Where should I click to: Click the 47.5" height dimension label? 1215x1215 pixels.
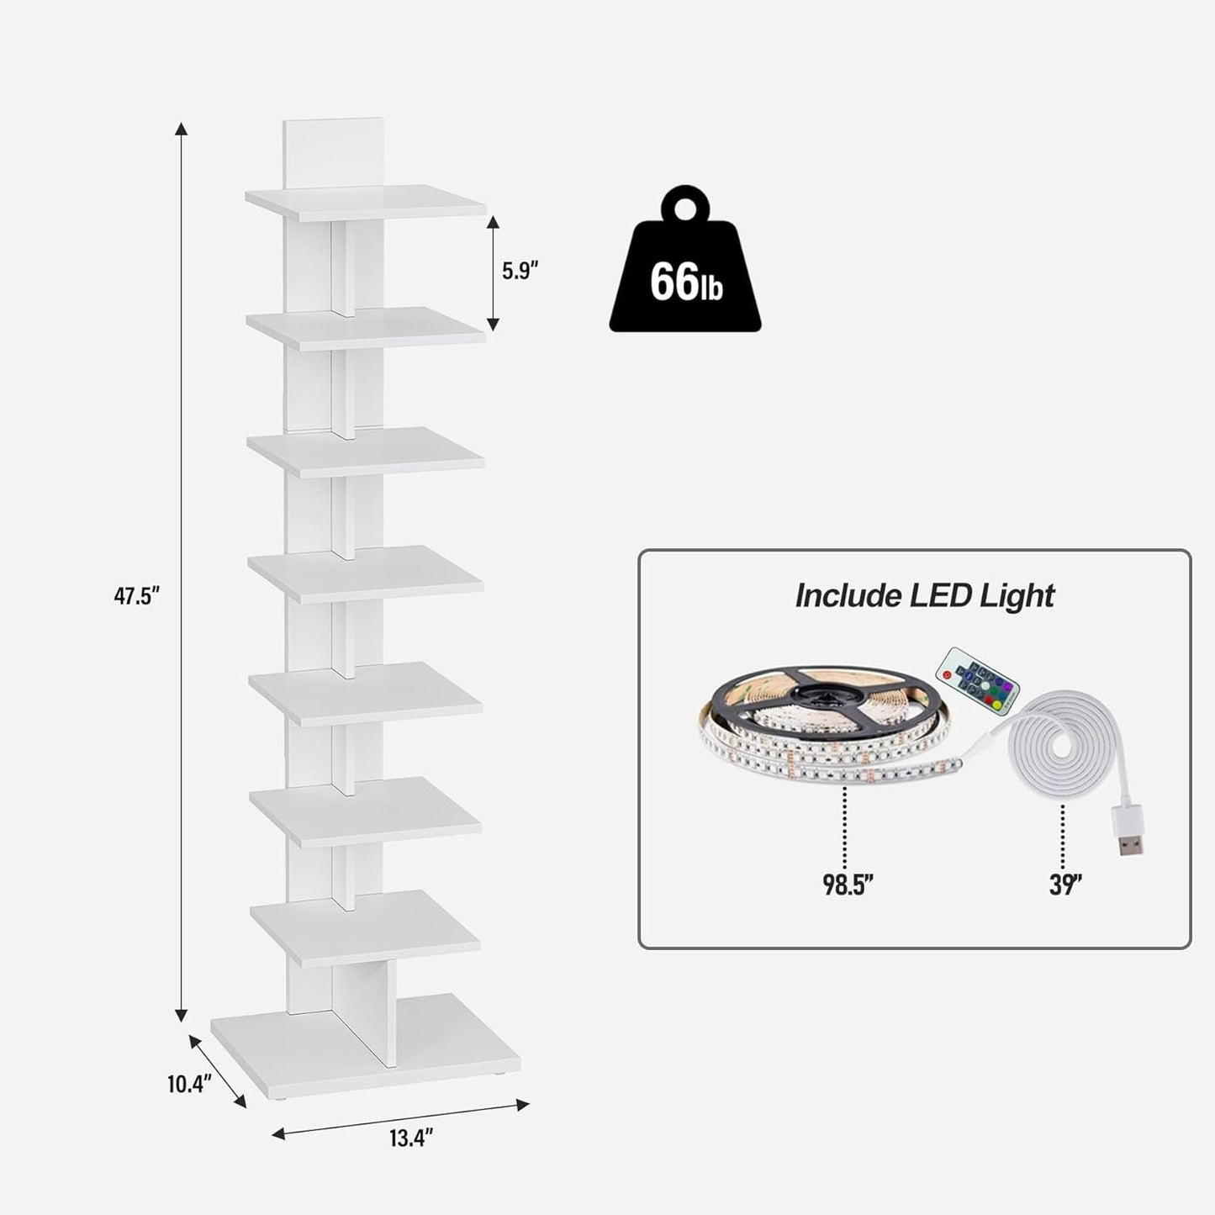(137, 597)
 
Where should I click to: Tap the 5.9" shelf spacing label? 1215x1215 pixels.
(520, 271)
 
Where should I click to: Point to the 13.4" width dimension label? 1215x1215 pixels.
(411, 1138)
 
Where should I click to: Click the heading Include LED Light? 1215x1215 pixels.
(924, 595)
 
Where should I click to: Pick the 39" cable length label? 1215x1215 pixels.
(1064, 885)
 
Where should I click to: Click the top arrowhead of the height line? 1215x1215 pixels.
(180, 129)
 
